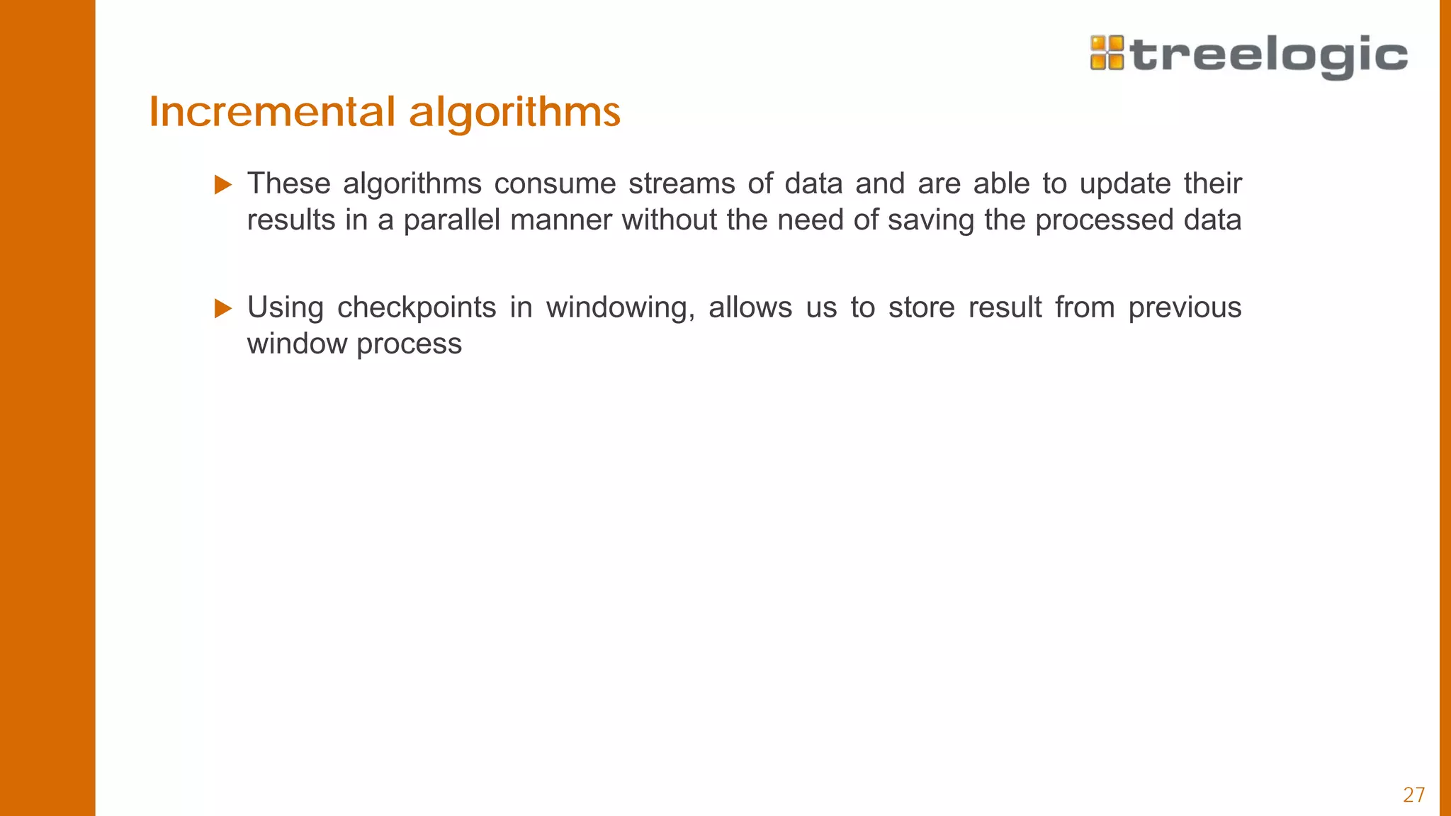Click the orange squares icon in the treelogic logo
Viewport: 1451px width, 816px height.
[x=1107, y=53]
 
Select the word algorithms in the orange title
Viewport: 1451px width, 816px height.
[x=514, y=113]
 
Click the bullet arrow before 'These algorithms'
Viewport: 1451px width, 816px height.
[x=223, y=185]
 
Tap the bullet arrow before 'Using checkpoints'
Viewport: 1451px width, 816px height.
[x=223, y=308]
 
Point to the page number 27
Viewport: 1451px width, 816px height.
[x=1413, y=795]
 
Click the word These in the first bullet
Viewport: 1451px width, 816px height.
[x=288, y=183]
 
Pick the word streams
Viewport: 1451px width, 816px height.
[x=682, y=184]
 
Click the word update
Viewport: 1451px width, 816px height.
[x=1125, y=184]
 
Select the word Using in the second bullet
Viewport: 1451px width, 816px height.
[x=285, y=307]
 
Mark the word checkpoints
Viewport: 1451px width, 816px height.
[x=417, y=307]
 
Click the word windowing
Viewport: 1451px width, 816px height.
[x=620, y=308]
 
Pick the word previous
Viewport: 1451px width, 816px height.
[x=1185, y=308]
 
